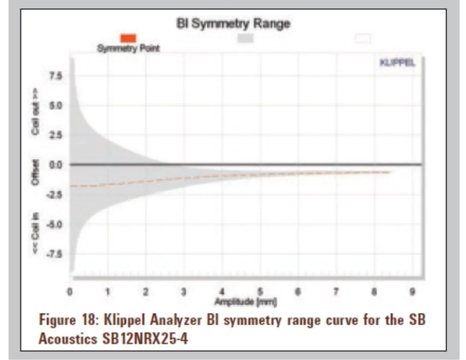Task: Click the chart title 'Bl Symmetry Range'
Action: click(x=233, y=23)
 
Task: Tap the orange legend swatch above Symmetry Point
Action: click(x=128, y=38)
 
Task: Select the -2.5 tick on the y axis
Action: click(x=54, y=195)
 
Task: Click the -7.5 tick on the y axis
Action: click(x=54, y=254)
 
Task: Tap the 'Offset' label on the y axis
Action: click(x=35, y=173)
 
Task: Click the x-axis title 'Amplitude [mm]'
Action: click(x=246, y=302)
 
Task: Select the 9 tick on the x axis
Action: click(x=412, y=292)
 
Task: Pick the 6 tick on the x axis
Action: click(x=298, y=292)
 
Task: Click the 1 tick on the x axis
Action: click(x=108, y=292)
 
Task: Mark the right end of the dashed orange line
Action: click(x=390, y=172)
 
